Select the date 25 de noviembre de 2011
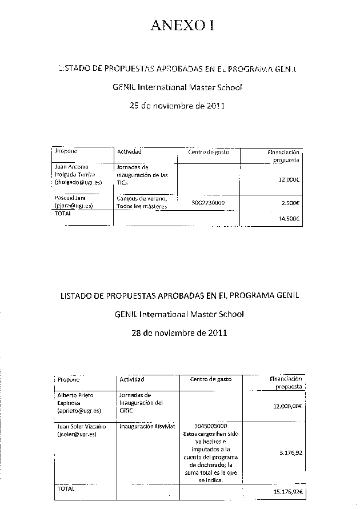point(178,105)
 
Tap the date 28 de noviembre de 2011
point(178,332)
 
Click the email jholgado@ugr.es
point(78,182)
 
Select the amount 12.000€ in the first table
point(289,179)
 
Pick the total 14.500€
point(289,218)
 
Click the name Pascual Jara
point(70,198)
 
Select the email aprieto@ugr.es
point(79,410)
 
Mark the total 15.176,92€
point(287,492)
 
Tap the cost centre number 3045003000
point(211,426)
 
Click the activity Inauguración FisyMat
point(147,426)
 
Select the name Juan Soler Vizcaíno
point(82,426)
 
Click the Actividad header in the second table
point(132,379)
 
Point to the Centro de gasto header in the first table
point(208,152)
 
